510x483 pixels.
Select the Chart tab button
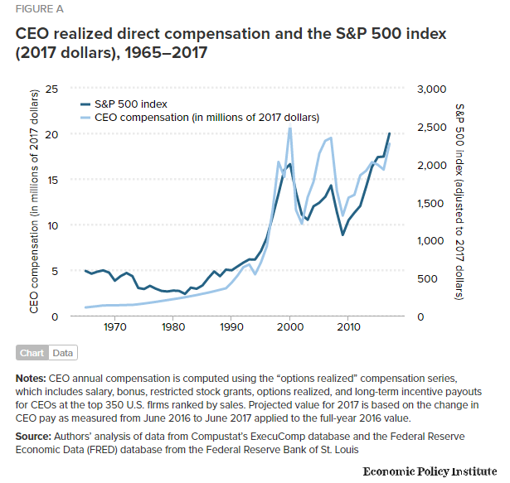32,353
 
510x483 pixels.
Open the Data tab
62,353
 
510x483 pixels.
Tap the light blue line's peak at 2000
290,128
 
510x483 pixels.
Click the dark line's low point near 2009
342,234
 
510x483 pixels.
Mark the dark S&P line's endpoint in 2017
390,133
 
